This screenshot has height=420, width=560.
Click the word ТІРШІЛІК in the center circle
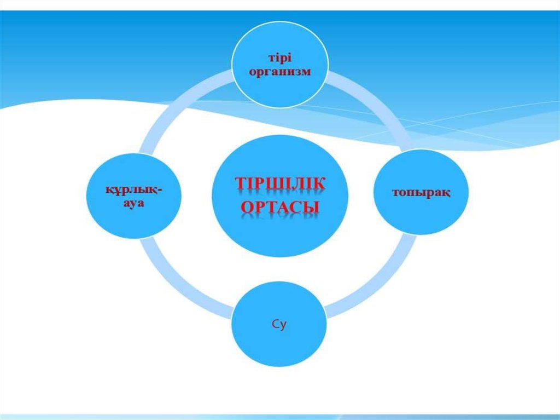(280, 184)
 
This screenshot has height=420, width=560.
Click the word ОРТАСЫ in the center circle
(280, 209)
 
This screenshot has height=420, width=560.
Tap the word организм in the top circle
(280, 72)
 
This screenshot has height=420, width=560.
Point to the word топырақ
(421, 193)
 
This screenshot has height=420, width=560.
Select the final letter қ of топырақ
(447, 194)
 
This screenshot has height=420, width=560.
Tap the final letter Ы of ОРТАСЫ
(312, 209)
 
